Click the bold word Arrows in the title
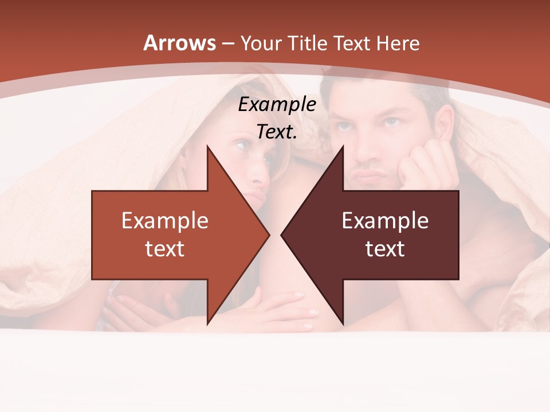[179, 43]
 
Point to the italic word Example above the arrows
[277, 104]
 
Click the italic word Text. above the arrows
[277, 132]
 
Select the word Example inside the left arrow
[165, 220]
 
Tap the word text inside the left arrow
[165, 248]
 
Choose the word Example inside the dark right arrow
[385, 220]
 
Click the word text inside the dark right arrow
[385, 248]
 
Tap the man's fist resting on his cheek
[424, 163]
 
